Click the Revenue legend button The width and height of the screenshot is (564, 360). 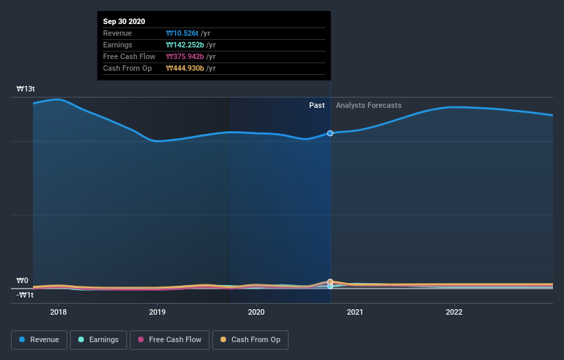pyautogui.click(x=40, y=339)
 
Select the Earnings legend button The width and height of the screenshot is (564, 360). pyautogui.click(x=98, y=339)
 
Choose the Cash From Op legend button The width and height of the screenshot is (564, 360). pyautogui.click(x=251, y=339)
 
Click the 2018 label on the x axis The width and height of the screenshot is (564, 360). pyautogui.click(x=58, y=311)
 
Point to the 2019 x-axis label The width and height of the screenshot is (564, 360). pyautogui.click(x=157, y=311)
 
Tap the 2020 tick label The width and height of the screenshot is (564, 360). pyautogui.click(x=256, y=311)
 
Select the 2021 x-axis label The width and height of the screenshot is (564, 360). pyautogui.click(x=355, y=311)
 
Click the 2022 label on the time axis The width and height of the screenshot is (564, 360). pyautogui.click(x=454, y=311)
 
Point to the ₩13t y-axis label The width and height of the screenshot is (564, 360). pyautogui.click(x=27, y=89)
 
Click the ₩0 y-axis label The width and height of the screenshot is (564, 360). pyautogui.click(x=23, y=281)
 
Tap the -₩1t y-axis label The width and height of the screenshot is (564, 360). pyautogui.click(x=25, y=295)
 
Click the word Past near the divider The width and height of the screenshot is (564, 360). pyautogui.click(x=317, y=105)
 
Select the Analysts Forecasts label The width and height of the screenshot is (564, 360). pyautogui.click(x=368, y=105)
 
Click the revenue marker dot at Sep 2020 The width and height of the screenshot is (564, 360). pyautogui.click(x=330, y=133)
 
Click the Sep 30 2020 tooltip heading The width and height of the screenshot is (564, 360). pyautogui.click(x=124, y=21)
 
